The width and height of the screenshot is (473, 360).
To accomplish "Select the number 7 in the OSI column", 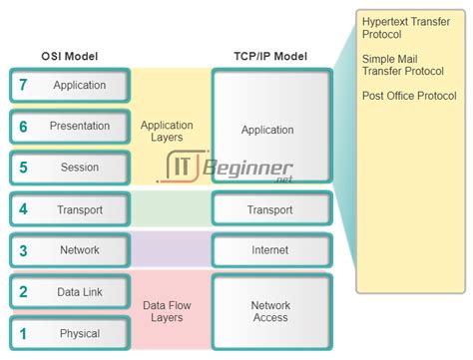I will [22, 86].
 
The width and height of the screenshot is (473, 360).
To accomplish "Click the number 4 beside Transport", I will [22, 209].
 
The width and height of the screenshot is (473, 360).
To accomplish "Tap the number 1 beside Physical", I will [22, 333].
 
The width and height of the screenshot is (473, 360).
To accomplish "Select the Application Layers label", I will [167, 132].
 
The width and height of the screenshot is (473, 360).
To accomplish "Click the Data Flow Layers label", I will [167, 312].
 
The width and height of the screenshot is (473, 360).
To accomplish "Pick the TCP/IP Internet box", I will [269, 250].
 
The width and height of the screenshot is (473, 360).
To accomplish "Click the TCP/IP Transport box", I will [269, 209].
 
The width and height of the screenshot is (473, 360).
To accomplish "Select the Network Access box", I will [269, 312].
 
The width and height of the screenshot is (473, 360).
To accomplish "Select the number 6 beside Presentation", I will [22, 127].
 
